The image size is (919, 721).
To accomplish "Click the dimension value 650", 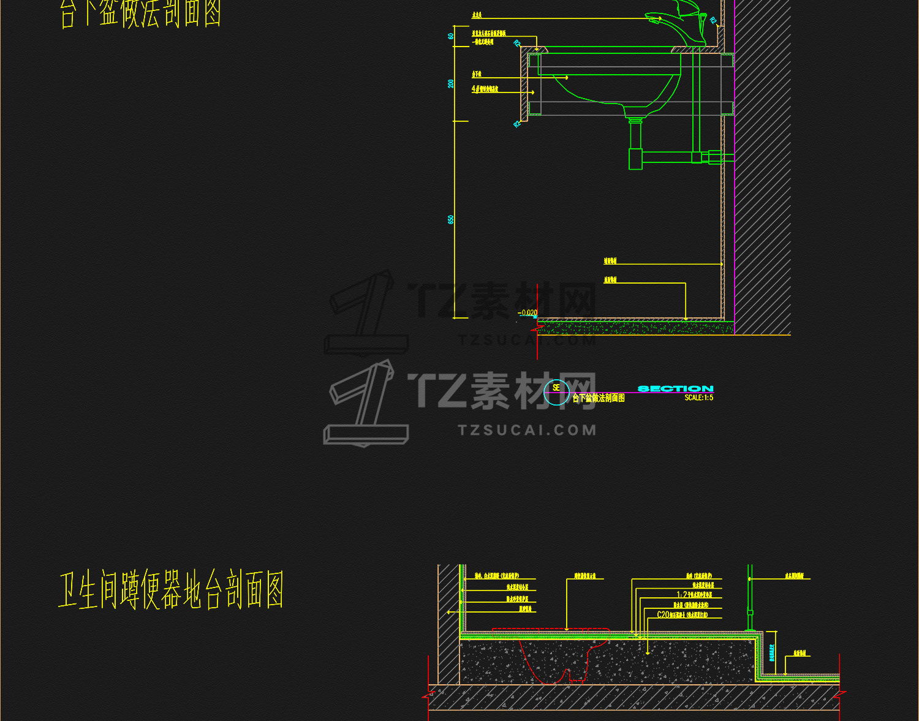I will (451, 219).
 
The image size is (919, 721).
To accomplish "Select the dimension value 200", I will (451, 83).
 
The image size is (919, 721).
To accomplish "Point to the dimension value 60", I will (451, 36).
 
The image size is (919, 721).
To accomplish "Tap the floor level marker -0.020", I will (528, 313).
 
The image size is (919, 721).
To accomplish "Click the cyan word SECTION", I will (675, 388).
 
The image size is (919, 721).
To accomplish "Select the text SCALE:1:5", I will (698, 398).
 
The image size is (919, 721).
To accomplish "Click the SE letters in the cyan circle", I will (556, 387).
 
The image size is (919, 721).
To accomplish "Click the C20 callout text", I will (663, 614).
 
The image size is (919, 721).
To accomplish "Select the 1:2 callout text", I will (682, 595).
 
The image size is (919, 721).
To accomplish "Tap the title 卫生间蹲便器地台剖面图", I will (171, 591).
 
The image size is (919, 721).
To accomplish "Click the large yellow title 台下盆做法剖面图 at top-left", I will (141, 13).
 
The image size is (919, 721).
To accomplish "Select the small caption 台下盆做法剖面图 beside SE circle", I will (598, 398).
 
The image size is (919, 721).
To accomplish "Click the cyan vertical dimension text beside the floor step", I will (772, 653).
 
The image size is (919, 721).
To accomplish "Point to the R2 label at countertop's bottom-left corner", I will (517, 124).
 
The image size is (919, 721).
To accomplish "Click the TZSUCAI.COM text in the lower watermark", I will (527, 430).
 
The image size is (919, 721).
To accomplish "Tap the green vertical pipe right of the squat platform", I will (749, 597).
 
